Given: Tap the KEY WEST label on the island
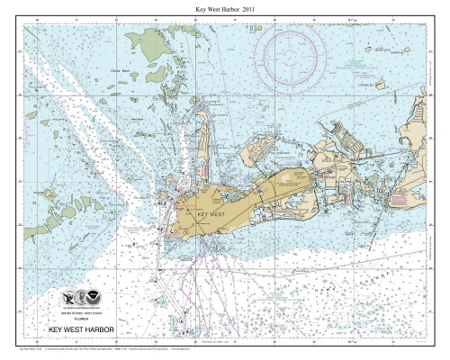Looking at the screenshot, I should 206,216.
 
